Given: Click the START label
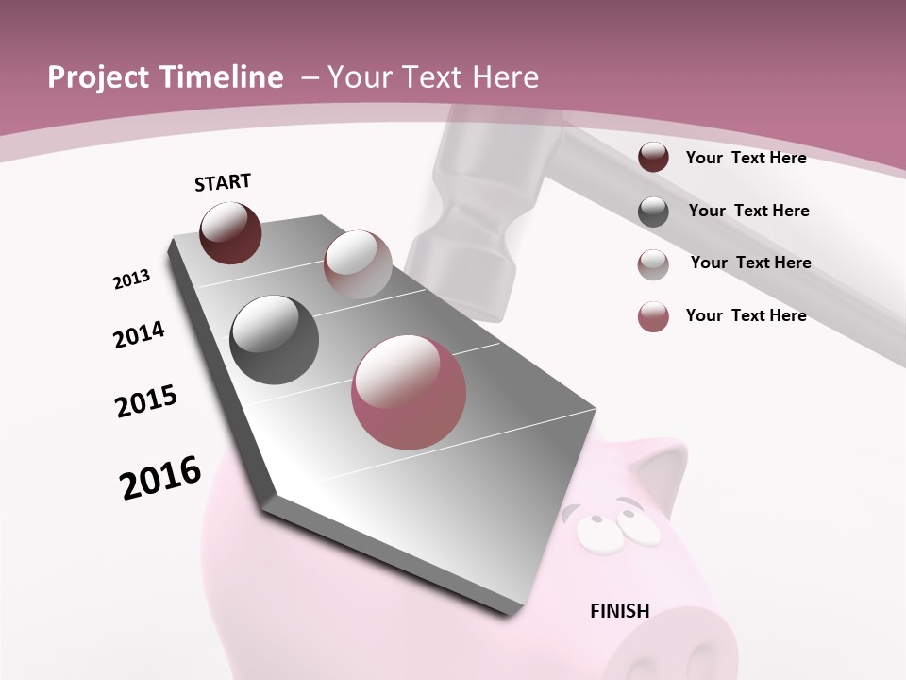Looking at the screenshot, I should (x=223, y=182).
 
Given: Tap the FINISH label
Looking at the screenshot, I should (x=620, y=611).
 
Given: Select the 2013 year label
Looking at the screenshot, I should (x=131, y=280).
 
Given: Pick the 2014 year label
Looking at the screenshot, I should (x=139, y=334).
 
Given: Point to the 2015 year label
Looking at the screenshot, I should (x=146, y=401).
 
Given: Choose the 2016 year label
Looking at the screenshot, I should (x=160, y=478).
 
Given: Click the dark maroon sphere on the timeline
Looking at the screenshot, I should (x=230, y=232).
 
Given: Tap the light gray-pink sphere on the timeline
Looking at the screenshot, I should (x=358, y=263).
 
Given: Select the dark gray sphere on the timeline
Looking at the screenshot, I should (x=274, y=339).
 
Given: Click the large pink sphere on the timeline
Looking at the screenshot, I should (x=409, y=392).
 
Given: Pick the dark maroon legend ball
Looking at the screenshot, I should (x=653, y=158).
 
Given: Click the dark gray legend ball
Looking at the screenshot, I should (x=653, y=212).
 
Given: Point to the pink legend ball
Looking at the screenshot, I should (x=653, y=316).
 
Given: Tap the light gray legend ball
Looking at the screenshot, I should (x=653, y=263).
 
